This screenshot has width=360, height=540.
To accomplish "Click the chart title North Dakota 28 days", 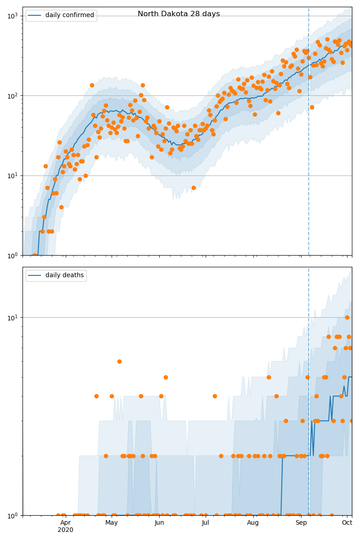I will [x=179, y=14].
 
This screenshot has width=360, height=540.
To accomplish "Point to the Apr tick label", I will [x=65, y=522].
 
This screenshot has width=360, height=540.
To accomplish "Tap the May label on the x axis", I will [x=112, y=522].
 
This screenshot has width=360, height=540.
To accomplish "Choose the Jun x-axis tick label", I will [x=159, y=522].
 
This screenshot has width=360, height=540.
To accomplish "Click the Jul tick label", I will [x=206, y=522].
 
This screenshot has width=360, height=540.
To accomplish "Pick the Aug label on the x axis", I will [x=253, y=522].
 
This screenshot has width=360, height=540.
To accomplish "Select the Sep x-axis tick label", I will [x=301, y=522].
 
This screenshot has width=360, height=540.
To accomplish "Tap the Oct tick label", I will [x=347, y=522].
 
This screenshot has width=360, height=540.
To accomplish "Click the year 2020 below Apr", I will [x=65, y=530].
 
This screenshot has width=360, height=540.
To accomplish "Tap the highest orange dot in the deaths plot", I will [x=347, y=317].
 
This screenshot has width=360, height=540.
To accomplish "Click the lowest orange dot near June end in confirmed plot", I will [x=193, y=188].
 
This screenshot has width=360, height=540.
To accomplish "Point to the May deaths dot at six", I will [x=119, y=361].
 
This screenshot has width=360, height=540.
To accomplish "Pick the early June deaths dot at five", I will [x=166, y=377].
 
